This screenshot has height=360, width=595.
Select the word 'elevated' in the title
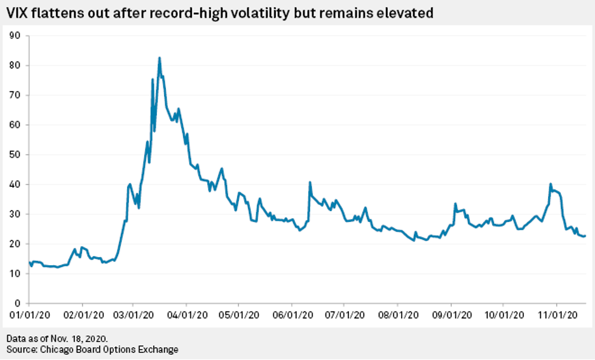(x=404, y=13)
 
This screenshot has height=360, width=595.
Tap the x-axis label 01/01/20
(x=27, y=315)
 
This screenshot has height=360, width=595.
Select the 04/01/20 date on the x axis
(x=186, y=315)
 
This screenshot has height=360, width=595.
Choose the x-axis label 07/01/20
(x=344, y=315)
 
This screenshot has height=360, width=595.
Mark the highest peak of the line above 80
(x=160, y=58)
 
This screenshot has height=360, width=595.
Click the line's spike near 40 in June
(x=310, y=183)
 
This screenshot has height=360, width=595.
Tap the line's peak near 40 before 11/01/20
(x=551, y=184)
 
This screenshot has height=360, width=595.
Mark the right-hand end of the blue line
(x=585, y=236)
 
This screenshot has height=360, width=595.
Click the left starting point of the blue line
(x=29, y=261)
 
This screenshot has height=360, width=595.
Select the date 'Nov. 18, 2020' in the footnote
(x=86, y=338)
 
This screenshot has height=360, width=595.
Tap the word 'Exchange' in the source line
(x=158, y=349)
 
